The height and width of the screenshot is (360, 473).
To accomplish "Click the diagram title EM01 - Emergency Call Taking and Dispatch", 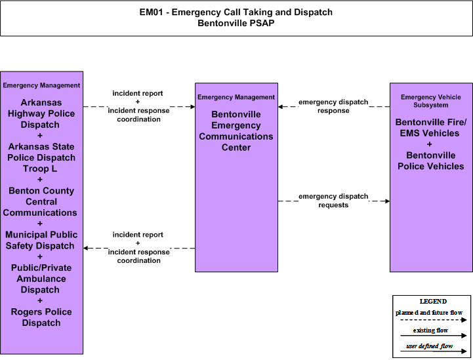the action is pyautogui.click(x=236, y=12).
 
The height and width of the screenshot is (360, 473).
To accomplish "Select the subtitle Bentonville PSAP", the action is pyautogui.click(x=236, y=23).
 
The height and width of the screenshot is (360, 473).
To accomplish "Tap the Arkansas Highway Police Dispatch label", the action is pyautogui.click(x=41, y=113).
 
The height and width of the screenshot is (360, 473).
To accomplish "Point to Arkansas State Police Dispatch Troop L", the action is pyautogui.click(x=41, y=157).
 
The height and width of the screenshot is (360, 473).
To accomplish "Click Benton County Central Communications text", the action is pyautogui.click(x=40, y=201).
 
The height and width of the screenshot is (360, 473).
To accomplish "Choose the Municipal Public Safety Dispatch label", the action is pyautogui.click(x=41, y=240).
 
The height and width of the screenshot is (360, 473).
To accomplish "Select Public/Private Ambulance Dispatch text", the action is pyautogui.click(x=41, y=279).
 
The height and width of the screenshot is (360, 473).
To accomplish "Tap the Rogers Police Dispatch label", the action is pyautogui.click(x=41, y=317).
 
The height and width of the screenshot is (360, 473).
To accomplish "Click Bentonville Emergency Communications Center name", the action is pyautogui.click(x=236, y=131).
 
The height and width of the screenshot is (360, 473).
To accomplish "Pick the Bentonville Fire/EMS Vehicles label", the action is pyautogui.click(x=430, y=127).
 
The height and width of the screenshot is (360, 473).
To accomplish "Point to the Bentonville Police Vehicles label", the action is pyautogui.click(x=430, y=161).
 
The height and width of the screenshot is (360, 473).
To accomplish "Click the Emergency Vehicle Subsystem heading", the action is pyautogui.click(x=430, y=101).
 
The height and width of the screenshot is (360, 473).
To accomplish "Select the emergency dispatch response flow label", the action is pyautogui.click(x=333, y=106).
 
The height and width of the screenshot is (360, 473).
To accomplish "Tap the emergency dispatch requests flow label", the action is pyautogui.click(x=333, y=201).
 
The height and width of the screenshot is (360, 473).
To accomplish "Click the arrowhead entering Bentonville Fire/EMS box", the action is pyautogui.click(x=388, y=201).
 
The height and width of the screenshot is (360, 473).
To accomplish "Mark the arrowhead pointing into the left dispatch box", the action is pyautogui.click(x=85, y=248).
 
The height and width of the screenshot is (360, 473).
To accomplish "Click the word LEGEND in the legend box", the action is pyautogui.click(x=433, y=301).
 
